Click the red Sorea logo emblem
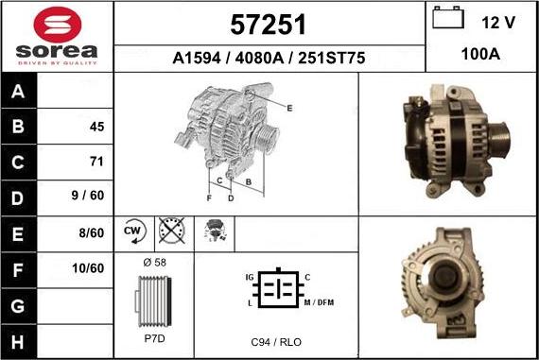pos(58,25)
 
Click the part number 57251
pos(269,25)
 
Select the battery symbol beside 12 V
pos(448,18)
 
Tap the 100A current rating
pos(480,54)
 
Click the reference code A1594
pos(197,58)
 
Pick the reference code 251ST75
pos(331,58)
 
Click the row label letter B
pos(18,126)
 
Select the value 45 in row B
pos(97,127)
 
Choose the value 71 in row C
pos(96,162)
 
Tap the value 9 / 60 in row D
pos(88,196)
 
